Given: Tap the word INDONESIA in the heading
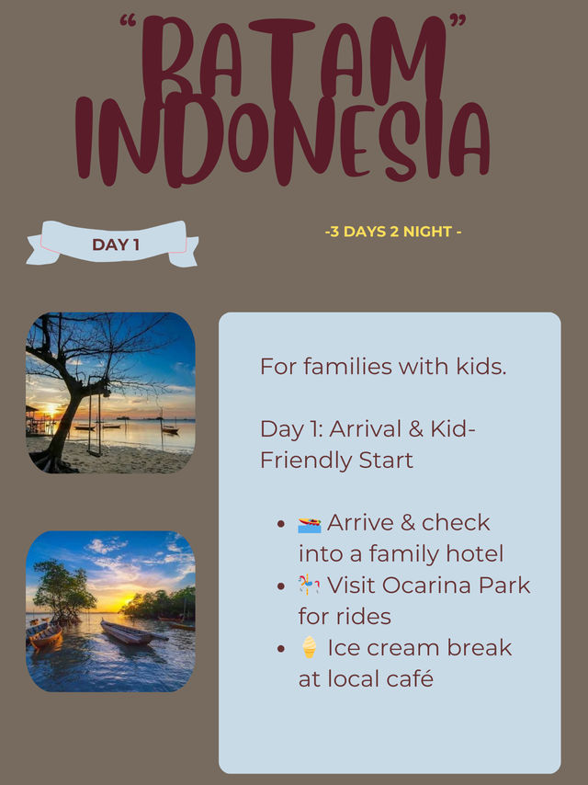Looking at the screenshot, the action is (x=283, y=140).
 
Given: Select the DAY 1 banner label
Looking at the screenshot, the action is (x=116, y=245).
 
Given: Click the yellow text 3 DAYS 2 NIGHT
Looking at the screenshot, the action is (x=393, y=232).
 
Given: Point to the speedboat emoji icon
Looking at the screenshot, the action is (x=310, y=525).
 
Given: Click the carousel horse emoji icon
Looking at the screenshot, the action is (x=309, y=585).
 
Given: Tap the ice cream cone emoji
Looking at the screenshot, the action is (x=310, y=647).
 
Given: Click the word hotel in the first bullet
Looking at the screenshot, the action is (x=474, y=553).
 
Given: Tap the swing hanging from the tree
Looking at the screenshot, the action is (x=95, y=421).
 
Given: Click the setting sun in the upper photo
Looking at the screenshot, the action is (x=51, y=410).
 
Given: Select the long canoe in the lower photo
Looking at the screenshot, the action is (x=131, y=632).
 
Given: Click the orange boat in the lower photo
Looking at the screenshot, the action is (x=45, y=636).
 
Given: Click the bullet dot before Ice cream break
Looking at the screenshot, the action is (x=281, y=648).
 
